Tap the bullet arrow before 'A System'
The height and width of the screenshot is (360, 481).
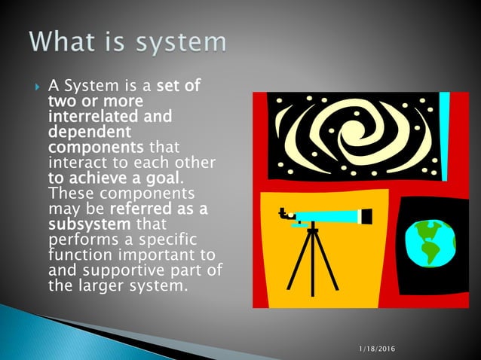pos(37,87)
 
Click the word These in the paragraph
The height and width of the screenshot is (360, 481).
pos(69,194)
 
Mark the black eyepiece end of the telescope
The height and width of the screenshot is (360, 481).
pos(366,217)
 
